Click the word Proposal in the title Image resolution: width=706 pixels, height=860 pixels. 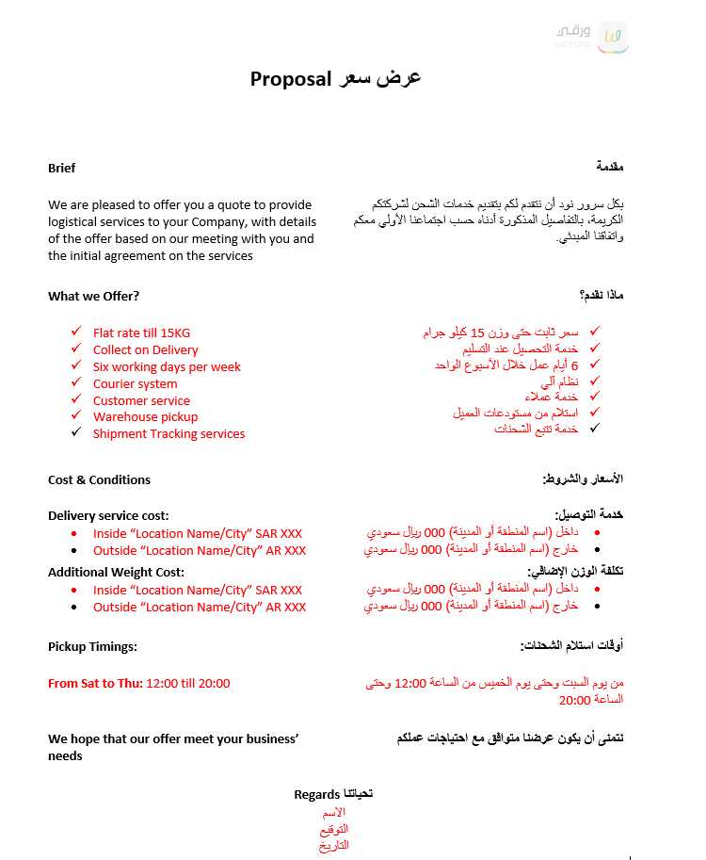point(292,79)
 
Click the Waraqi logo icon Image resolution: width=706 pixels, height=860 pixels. point(613,37)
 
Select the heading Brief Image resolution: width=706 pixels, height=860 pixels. point(62,168)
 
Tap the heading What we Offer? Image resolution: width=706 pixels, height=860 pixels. point(93,296)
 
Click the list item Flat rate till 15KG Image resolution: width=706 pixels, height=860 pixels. point(141,333)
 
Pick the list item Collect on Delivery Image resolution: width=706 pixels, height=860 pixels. point(145,349)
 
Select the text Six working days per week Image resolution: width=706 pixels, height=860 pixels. point(167,366)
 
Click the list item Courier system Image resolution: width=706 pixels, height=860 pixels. point(135,383)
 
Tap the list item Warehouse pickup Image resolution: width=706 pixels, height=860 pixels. point(145,416)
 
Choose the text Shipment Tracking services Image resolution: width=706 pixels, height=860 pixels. point(168,433)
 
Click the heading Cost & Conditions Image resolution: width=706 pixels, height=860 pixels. point(99,479)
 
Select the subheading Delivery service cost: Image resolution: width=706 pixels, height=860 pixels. point(108,515)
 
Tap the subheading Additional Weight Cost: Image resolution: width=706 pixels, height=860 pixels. point(116,572)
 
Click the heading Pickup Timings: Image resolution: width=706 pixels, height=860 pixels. point(92,646)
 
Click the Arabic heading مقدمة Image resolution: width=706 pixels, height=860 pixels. point(610,167)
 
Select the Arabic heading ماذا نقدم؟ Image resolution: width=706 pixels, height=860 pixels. point(602,295)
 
